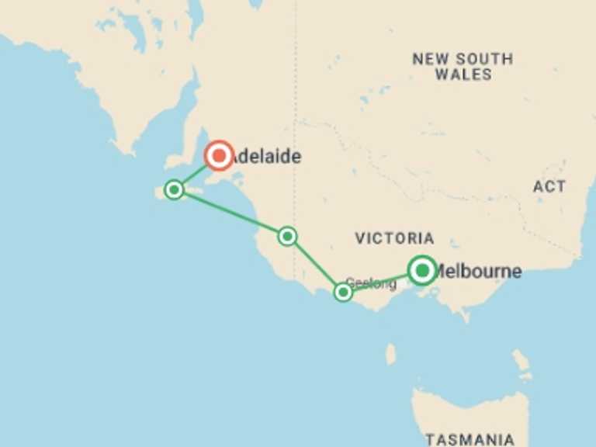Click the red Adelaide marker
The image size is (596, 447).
[220, 156]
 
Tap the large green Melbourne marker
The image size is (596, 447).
[422, 270]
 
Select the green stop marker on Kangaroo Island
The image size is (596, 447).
[175, 189]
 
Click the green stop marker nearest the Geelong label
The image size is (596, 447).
[343, 292]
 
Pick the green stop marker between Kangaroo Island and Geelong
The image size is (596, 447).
[287, 236]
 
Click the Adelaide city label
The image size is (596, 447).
[266, 157]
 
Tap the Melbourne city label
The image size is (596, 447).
[477, 272]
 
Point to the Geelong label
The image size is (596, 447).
[371, 283]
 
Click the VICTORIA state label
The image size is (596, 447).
[394, 238]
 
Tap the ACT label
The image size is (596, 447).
[549, 186]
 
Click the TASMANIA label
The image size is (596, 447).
[470, 439]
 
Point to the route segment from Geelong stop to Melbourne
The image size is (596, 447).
[380, 282]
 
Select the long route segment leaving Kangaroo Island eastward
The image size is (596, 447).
[230, 213]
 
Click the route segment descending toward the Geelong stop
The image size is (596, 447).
[314, 263]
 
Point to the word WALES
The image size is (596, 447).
[463, 74]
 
